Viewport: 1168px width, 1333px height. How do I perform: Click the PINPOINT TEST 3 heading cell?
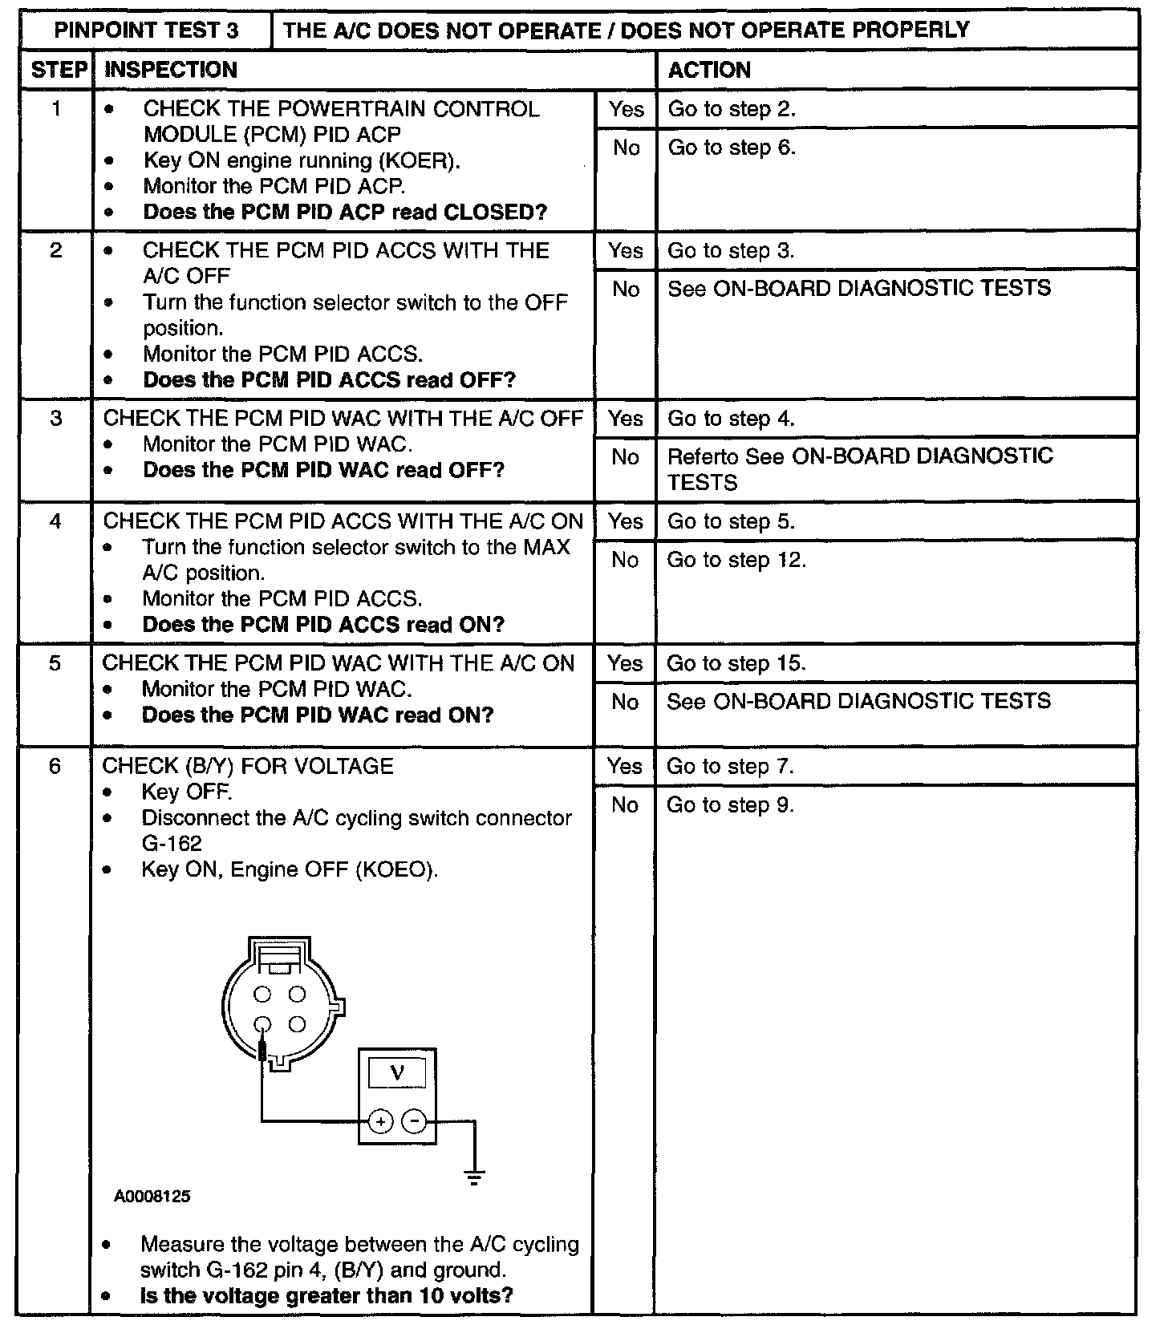146,30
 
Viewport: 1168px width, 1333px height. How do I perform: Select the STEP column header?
58,70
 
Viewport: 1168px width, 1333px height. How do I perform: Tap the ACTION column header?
709,70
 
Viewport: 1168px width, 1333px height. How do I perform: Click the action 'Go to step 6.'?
732,148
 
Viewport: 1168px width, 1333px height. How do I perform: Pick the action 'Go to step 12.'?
736,560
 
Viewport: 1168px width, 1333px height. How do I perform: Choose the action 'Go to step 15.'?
736,663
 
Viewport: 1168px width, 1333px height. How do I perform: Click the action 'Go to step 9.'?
730,804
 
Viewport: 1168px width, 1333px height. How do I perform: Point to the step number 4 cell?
55,521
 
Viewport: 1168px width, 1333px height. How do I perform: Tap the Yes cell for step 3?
625,418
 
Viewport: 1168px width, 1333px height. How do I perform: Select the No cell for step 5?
625,702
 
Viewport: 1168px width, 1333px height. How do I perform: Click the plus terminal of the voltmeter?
380,1121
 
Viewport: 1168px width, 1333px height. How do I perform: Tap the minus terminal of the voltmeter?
414,1121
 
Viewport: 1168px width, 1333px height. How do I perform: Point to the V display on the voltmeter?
396,1072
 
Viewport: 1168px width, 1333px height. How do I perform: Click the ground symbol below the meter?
474,1177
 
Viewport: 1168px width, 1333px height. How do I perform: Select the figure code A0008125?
152,1197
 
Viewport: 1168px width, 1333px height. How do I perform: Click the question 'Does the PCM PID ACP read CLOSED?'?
345,213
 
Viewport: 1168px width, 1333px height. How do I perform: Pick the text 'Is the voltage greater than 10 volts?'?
326,1295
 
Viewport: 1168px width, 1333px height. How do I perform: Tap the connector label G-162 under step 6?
172,844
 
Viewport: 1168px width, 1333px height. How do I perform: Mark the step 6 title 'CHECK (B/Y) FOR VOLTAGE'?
248,766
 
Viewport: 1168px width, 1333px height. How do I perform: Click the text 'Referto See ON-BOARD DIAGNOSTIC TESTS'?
859,468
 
